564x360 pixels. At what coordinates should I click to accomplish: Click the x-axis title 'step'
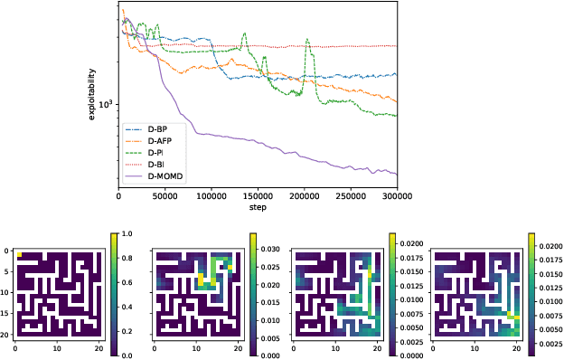click(x=258, y=207)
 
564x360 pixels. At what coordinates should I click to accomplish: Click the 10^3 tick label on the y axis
click(x=105, y=104)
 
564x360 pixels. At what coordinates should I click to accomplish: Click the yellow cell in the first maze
click(x=20, y=255)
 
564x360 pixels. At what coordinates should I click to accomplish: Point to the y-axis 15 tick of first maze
click(x=5, y=313)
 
